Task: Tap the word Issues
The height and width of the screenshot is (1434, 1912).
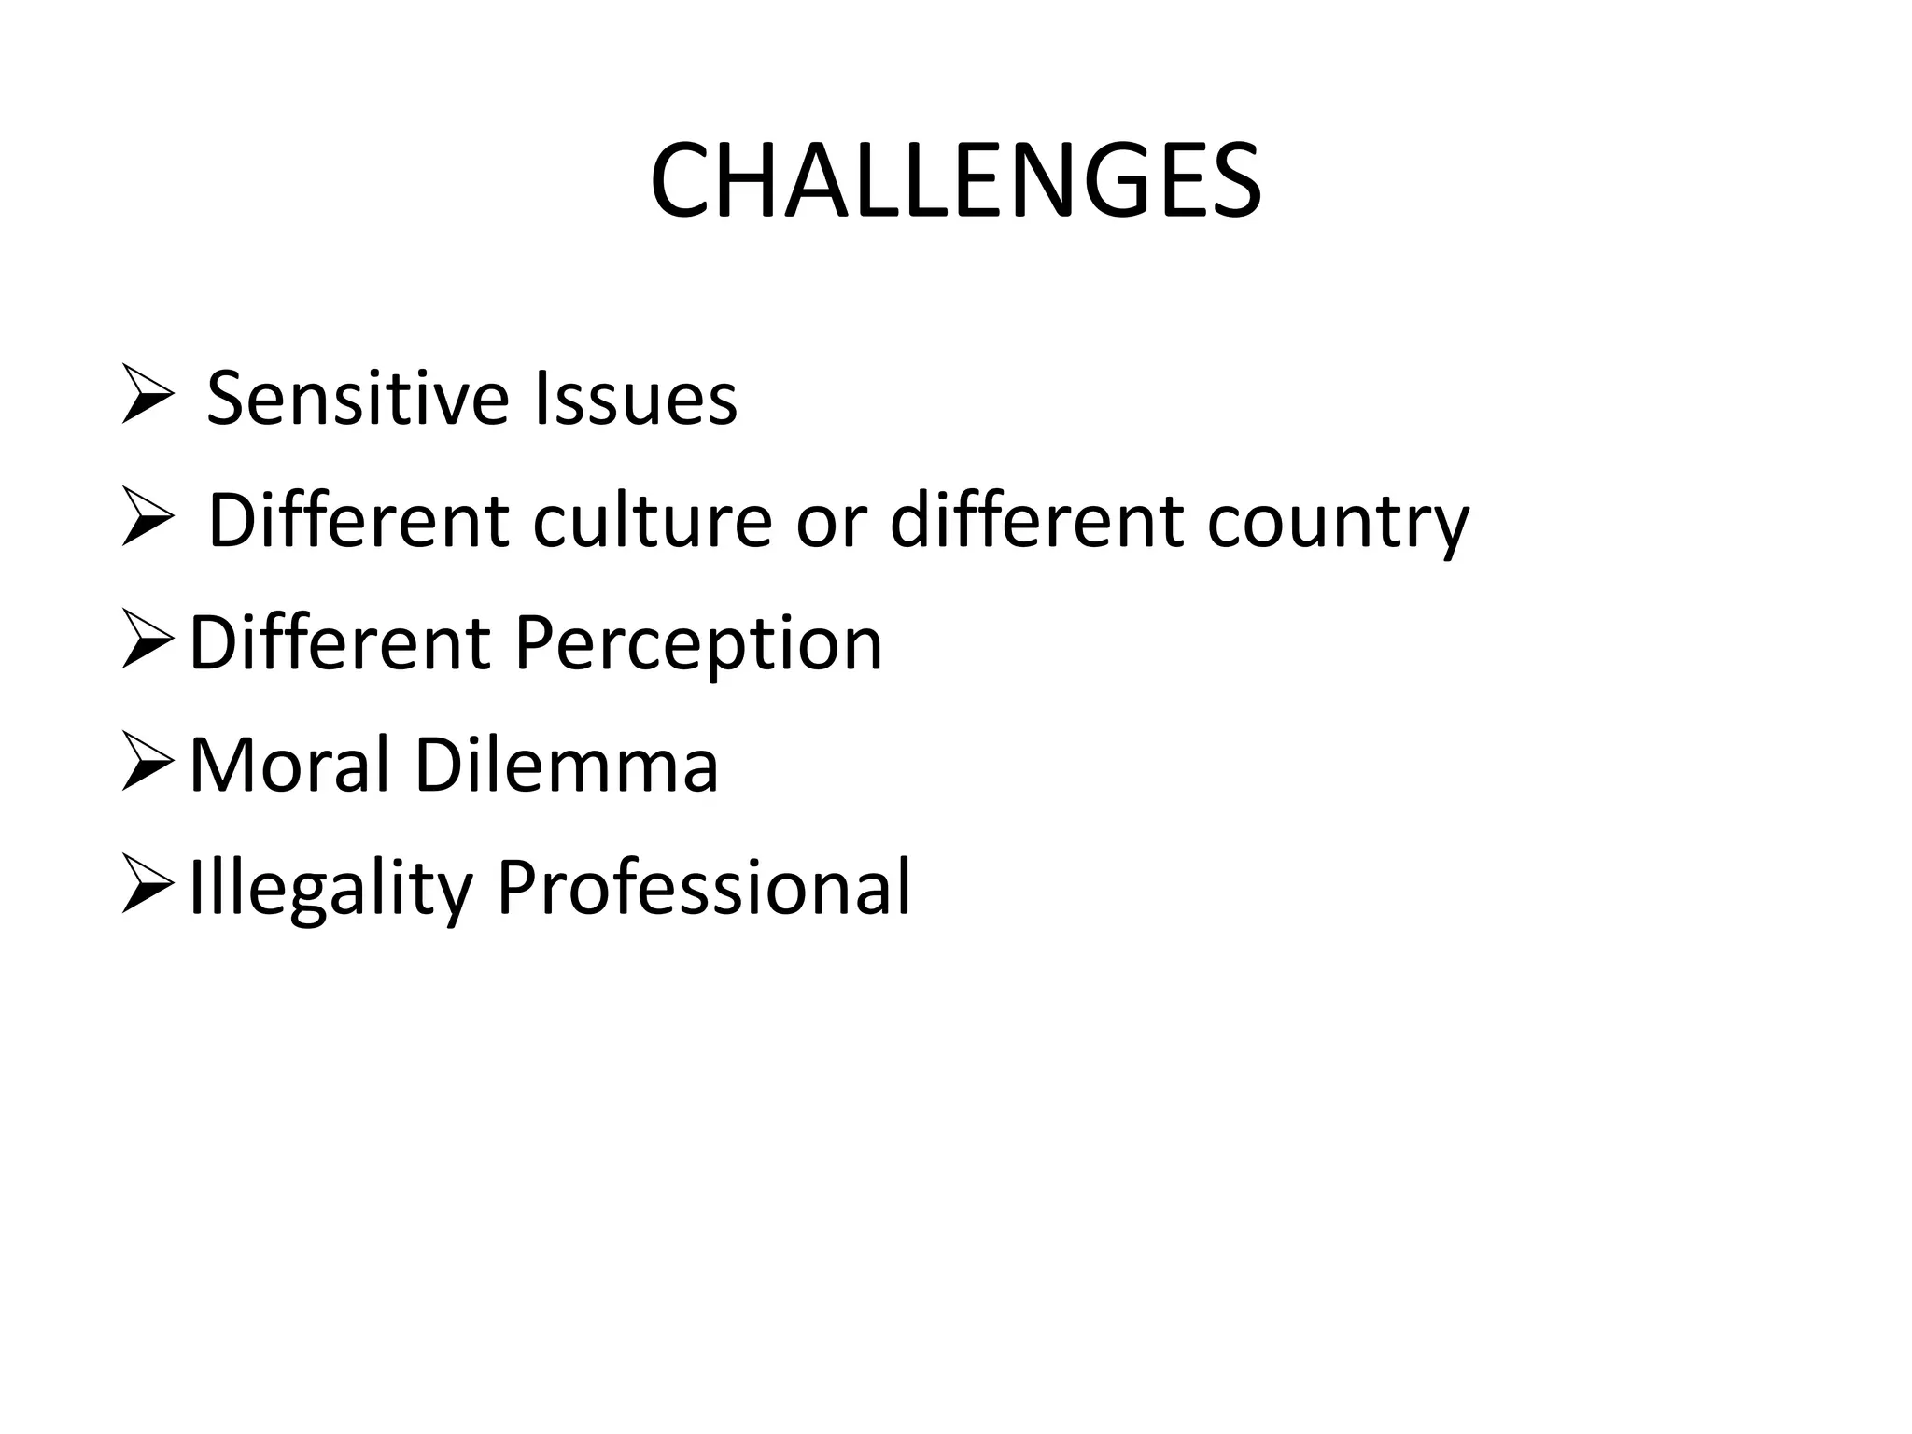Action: point(635,399)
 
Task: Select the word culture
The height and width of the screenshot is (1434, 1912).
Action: point(652,520)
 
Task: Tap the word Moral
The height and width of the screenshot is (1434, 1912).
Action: point(288,766)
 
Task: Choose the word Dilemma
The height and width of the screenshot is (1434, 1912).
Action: point(566,766)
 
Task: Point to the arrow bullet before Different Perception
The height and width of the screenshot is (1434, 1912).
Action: point(148,643)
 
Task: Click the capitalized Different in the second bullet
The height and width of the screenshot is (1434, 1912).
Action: point(358,520)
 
